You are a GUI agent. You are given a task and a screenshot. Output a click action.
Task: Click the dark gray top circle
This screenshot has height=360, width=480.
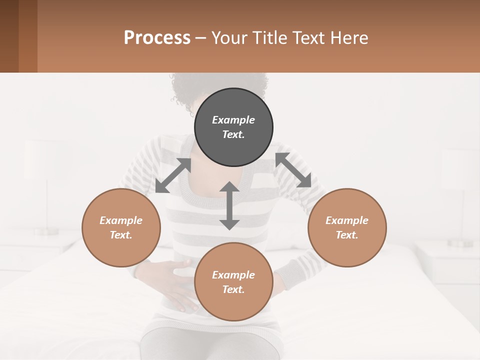233,127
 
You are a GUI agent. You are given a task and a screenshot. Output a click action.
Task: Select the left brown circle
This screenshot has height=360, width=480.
121,228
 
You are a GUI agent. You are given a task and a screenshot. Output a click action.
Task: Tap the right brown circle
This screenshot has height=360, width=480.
347,228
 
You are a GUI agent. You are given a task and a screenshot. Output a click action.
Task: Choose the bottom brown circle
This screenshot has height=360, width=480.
233,282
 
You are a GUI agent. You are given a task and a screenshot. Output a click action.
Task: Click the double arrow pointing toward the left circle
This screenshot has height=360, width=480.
173,175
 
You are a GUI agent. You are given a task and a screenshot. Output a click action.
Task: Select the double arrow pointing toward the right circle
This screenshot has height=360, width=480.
293,170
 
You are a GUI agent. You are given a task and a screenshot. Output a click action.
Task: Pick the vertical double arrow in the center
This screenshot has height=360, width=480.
229,205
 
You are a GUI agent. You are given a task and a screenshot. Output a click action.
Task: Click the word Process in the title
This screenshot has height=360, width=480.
157,37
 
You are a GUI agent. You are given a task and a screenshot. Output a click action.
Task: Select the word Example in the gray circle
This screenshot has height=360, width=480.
233,120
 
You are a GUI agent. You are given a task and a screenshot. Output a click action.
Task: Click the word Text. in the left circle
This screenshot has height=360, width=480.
121,235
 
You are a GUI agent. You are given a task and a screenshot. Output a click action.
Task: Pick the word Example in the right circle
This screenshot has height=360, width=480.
347,220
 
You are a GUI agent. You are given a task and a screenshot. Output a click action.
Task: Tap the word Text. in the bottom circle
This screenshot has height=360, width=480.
233,289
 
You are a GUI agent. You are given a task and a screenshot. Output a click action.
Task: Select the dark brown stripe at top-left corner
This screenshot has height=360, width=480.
9,36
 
